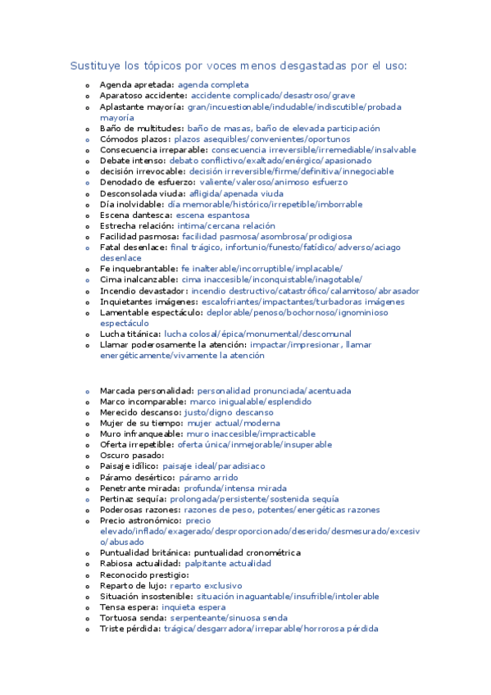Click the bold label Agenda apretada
136,84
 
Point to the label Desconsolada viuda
137,193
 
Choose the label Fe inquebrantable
138,269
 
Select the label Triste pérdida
130,629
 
